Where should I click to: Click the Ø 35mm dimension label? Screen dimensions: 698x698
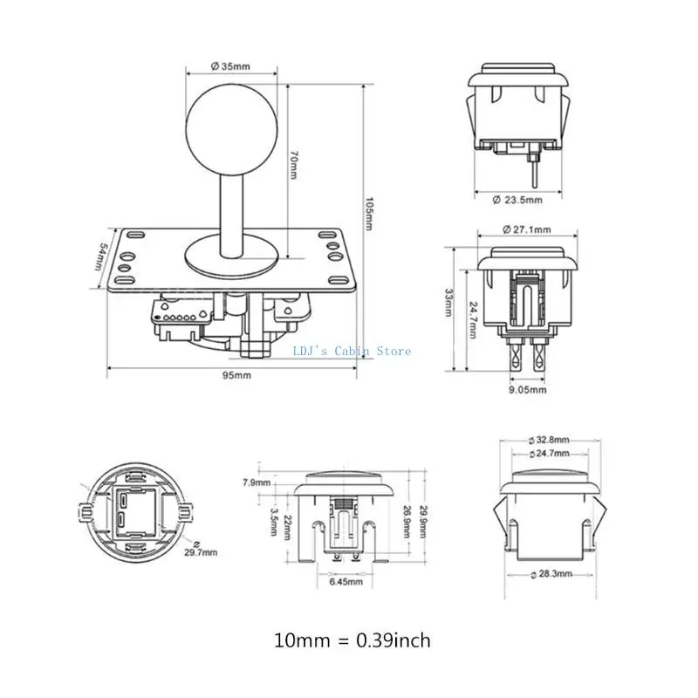[x=230, y=66]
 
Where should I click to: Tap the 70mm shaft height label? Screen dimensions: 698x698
[x=294, y=165]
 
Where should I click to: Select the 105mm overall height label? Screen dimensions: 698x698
[x=369, y=214]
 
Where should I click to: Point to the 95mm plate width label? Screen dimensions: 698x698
[x=236, y=375]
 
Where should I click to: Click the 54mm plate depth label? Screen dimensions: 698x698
[x=100, y=257]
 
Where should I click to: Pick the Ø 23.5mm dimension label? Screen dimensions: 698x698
[x=517, y=200]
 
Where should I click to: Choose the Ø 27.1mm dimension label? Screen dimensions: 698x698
[x=527, y=229]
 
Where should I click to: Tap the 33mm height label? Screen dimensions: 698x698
[x=448, y=303]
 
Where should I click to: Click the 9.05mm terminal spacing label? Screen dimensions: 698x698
[x=528, y=390]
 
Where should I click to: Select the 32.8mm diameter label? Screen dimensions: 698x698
[x=549, y=441]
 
